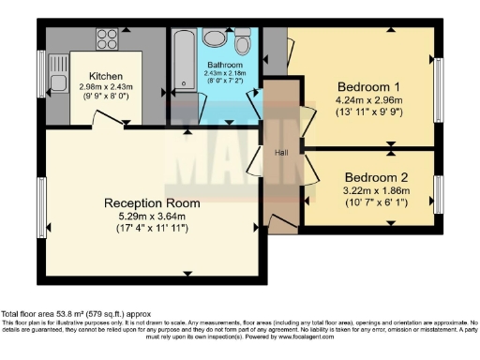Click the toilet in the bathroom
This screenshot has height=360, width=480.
coord(243,40)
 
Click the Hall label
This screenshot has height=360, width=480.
coord(280,151)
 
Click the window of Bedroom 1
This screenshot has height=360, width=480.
coord(438,90)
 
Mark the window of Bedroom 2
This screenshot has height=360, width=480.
coord(438,193)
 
